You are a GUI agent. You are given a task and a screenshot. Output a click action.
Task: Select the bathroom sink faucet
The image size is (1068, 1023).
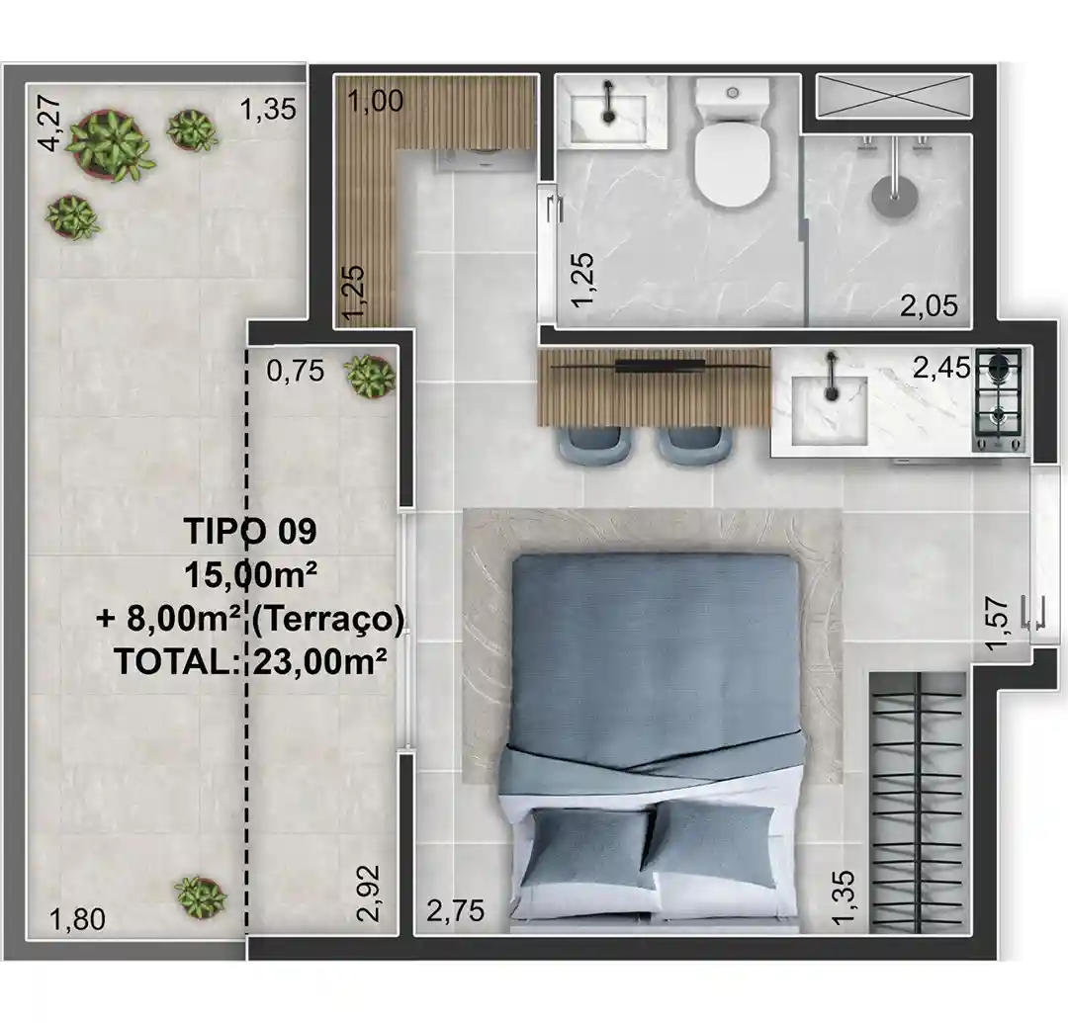click(x=609, y=102)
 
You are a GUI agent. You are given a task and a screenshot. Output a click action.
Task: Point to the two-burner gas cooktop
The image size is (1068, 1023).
click(x=999, y=399)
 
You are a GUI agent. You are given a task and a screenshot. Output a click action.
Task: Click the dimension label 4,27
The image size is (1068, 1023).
click(x=50, y=124)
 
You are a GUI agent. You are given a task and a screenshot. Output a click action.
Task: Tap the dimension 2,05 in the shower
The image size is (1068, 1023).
click(x=929, y=305)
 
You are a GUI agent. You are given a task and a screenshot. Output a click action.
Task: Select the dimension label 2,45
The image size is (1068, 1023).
click(x=942, y=368)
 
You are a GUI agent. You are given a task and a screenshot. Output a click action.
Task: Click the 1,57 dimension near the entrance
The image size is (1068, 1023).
click(x=996, y=623)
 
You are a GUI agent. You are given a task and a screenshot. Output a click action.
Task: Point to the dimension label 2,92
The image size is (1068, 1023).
click(x=368, y=893)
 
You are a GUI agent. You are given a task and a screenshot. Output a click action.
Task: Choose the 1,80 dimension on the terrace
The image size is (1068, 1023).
click(x=78, y=919)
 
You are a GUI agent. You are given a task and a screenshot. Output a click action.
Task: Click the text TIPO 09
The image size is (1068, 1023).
click(x=250, y=531)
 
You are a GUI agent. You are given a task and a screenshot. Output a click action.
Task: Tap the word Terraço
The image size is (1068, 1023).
click(x=328, y=619)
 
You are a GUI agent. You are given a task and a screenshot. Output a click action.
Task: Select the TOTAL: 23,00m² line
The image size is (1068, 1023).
click(x=251, y=661)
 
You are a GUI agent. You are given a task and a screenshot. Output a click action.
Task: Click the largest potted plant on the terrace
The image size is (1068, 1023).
click(x=109, y=144)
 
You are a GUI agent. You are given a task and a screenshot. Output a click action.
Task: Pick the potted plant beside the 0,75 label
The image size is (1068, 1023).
click(x=369, y=377)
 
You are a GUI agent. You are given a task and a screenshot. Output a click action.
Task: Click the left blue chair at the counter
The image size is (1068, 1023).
click(x=591, y=446)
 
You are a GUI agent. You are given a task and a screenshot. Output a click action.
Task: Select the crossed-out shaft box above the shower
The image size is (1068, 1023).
click(x=894, y=97)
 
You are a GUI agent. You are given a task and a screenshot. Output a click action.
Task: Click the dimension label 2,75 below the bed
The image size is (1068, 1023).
click(x=456, y=910)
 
